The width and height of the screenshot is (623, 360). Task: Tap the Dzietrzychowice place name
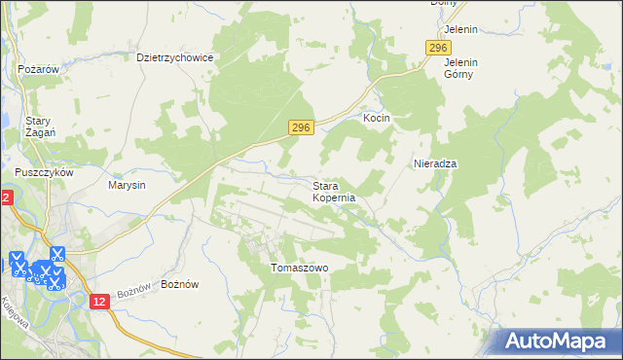click(x=175, y=57)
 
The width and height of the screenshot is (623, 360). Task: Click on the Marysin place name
click(x=127, y=185)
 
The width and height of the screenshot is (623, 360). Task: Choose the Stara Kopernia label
click(x=334, y=191)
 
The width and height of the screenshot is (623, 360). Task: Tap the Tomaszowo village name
click(x=299, y=268)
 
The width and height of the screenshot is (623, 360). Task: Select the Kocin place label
click(x=377, y=118)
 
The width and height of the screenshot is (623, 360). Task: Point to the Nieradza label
click(x=435, y=163)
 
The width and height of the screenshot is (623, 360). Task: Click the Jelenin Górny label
click(x=460, y=67)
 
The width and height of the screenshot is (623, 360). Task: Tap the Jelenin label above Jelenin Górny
click(x=460, y=30)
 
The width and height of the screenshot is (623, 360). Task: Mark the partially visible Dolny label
click(x=445, y=4)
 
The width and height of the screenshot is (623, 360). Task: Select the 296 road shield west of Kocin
click(x=302, y=128)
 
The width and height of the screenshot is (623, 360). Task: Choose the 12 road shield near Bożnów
click(x=99, y=303)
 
